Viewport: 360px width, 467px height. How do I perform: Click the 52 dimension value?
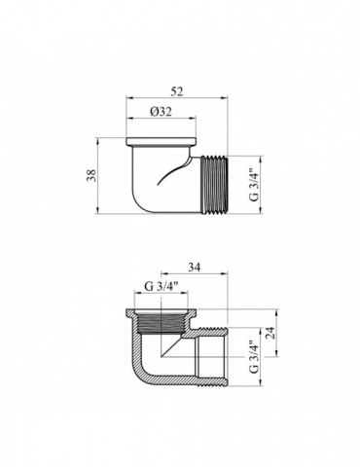pos(177,91)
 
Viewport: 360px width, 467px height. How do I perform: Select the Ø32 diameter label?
pos(161,112)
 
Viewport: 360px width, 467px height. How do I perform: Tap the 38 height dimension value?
pos(92,175)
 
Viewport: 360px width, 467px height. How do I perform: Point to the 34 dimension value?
pos(194,268)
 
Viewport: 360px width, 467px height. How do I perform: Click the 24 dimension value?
pos(270,333)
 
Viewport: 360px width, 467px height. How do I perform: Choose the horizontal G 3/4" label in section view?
pos(162,286)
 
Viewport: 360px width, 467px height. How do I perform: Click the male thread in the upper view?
pos(215,184)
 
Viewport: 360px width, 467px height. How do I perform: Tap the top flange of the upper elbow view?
pos(161,142)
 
